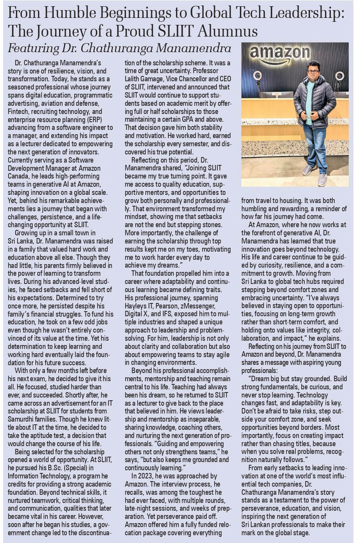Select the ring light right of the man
(x=339, y=76)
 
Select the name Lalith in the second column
(x=133, y=79)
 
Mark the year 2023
(x=147, y=476)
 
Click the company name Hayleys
(x=136, y=306)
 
